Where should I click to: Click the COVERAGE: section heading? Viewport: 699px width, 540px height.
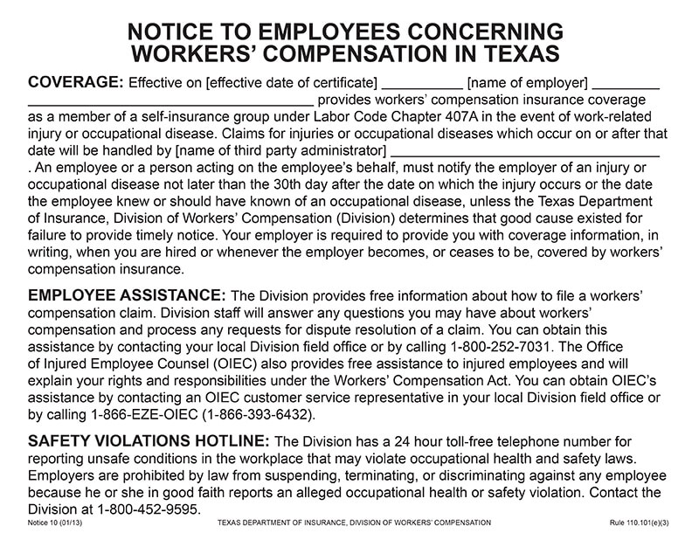coord(76,83)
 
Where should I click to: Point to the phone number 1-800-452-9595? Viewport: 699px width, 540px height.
coord(147,509)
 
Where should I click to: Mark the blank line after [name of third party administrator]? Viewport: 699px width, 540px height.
coord(524,153)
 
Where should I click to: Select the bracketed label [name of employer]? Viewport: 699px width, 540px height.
coord(528,84)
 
